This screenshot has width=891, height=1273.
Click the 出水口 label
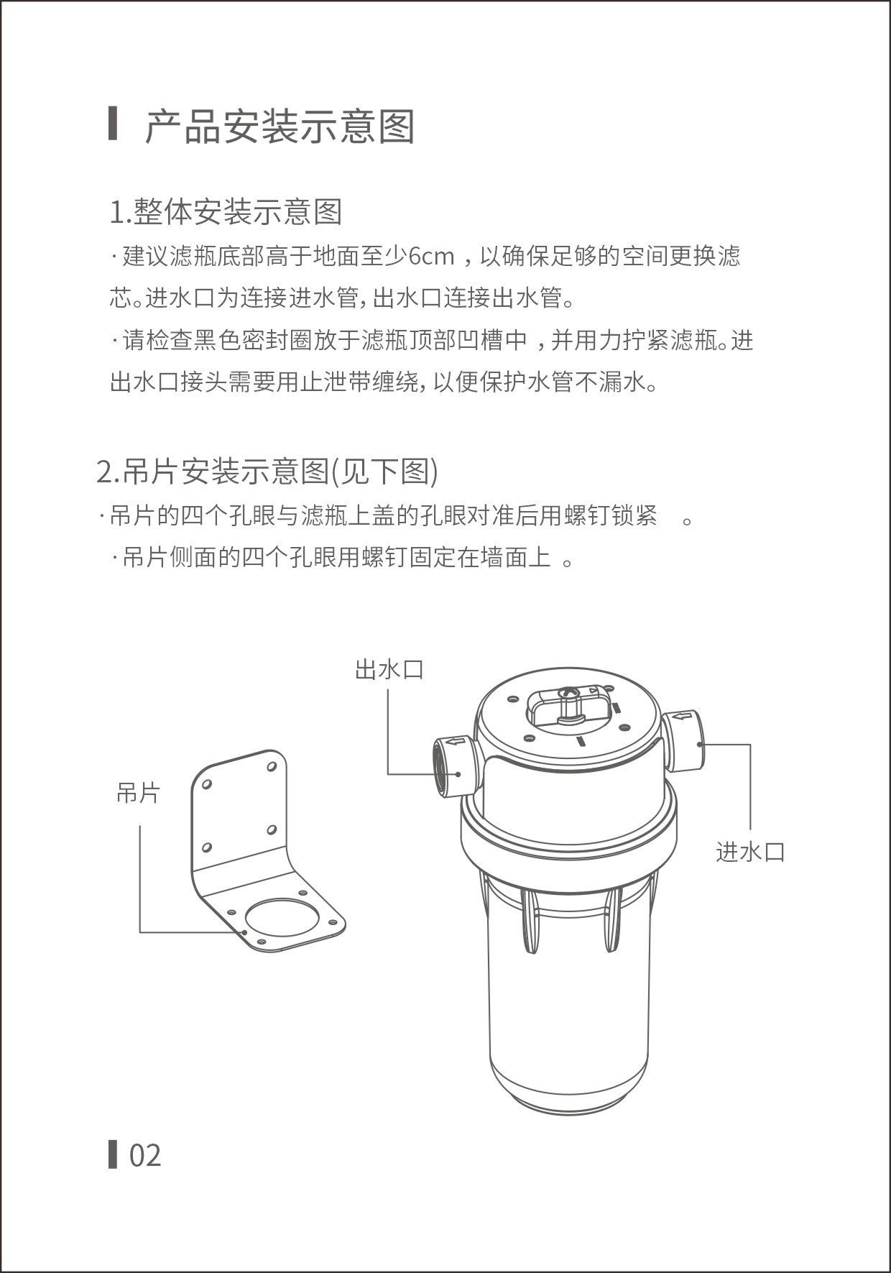point(389,669)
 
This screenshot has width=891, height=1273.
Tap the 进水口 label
point(750,852)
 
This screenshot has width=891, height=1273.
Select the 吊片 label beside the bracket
point(138,793)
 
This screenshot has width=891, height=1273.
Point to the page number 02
point(145,1155)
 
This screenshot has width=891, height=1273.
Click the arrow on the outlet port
point(456,740)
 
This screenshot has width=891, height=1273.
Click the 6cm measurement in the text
point(431,256)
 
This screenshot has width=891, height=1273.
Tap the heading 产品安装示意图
point(280,127)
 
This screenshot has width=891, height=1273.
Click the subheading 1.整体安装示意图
point(226,211)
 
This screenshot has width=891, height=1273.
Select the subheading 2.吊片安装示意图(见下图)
point(267,472)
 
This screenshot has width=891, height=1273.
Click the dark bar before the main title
point(113,124)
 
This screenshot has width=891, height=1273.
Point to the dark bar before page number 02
point(113,1154)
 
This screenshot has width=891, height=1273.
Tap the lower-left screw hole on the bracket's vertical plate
point(206,850)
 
